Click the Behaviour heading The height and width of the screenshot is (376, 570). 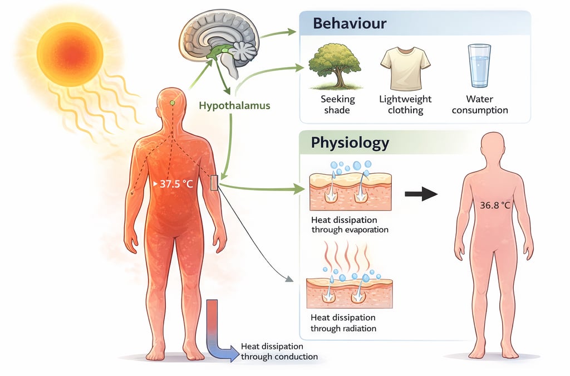350,24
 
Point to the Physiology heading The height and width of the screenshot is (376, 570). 350,143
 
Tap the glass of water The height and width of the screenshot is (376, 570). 479,66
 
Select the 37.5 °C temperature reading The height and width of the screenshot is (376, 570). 176,183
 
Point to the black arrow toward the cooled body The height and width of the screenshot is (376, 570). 421,194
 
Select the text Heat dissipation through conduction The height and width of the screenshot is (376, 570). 279,351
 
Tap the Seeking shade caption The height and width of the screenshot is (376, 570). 337,105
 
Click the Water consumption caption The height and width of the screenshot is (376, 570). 479,105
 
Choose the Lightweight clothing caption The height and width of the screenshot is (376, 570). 405,105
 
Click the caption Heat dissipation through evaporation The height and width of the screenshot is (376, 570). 349,224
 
